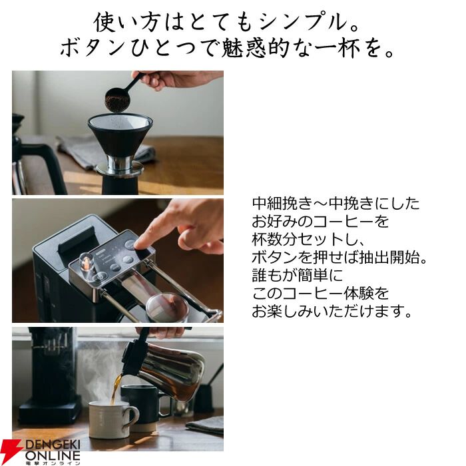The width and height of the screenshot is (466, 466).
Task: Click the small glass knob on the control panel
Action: point(86,261)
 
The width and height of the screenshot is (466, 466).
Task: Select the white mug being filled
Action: point(113,419)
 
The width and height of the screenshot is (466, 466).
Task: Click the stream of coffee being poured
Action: point(116,389)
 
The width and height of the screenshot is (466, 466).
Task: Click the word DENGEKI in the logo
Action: point(53,445)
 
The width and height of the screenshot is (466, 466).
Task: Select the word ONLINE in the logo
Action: point(53,455)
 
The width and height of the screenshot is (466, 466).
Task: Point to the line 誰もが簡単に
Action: point(298,275)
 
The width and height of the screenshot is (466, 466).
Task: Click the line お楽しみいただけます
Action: point(332,311)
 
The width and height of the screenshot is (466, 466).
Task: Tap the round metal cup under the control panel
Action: point(167,307)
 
